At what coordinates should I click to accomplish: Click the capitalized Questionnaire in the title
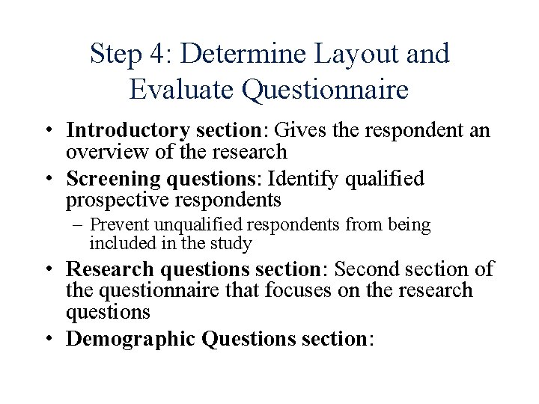click(326, 90)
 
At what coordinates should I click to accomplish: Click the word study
click(234, 243)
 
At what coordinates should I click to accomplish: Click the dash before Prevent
click(79, 225)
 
